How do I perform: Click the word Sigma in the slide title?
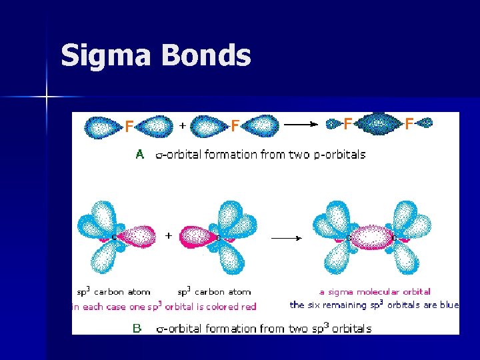click(x=106, y=56)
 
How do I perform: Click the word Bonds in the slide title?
click(x=206, y=56)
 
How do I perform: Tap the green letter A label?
click(x=140, y=154)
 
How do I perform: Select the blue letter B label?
click(x=137, y=328)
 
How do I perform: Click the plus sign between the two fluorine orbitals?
click(x=183, y=124)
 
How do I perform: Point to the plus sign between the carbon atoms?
click(x=168, y=235)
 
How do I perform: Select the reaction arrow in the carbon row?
click(x=286, y=237)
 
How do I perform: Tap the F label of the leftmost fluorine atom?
click(x=129, y=126)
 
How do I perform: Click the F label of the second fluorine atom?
click(x=235, y=126)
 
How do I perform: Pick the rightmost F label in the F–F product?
click(x=409, y=123)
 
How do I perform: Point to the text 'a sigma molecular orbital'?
click(x=375, y=291)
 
